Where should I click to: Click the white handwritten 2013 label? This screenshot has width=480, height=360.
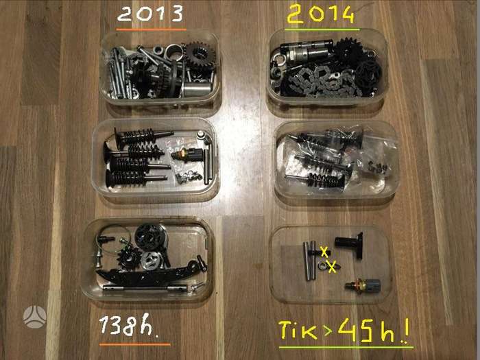[150, 14]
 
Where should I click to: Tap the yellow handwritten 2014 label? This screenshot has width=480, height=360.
[320, 14]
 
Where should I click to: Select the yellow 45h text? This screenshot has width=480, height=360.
[366, 330]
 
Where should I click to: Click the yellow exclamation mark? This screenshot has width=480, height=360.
[406, 331]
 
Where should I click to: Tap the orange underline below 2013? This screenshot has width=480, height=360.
[152, 29]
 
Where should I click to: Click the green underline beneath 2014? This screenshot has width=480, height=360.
[322, 29]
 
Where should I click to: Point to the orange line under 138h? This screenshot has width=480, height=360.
[135, 344]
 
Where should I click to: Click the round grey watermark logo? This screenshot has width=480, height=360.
[35, 317]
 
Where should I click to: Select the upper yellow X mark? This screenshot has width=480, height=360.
[324, 252]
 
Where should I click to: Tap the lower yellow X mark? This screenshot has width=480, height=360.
[332, 267]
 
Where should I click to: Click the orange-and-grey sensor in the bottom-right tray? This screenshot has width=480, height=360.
[363, 286]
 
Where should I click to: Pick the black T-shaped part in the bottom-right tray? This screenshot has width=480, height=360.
[352, 244]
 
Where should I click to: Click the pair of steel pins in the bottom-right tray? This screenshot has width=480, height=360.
[309, 261]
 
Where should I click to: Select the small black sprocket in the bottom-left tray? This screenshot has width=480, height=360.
[128, 258]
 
